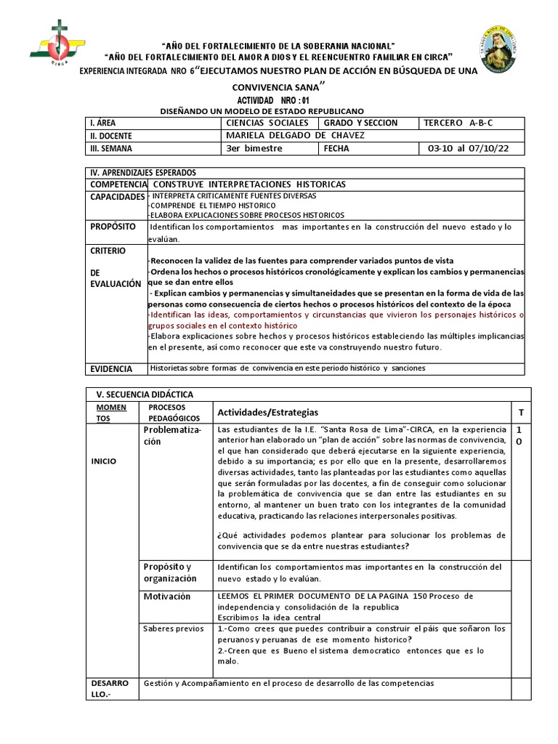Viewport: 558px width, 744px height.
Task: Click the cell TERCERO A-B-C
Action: (x=458, y=123)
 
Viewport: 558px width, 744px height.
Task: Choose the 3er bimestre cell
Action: (x=254, y=148)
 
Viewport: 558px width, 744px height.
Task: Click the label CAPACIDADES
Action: (x=117, y=197)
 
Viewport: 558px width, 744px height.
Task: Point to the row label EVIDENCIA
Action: (x=113, y=368)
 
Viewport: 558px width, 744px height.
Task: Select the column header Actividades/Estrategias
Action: (x=267, y=413)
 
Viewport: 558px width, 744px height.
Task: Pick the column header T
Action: (x=520, y=413)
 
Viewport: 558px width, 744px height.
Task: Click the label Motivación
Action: (x=166, y=597)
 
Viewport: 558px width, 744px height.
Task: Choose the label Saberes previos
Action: (x=173, y=628)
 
